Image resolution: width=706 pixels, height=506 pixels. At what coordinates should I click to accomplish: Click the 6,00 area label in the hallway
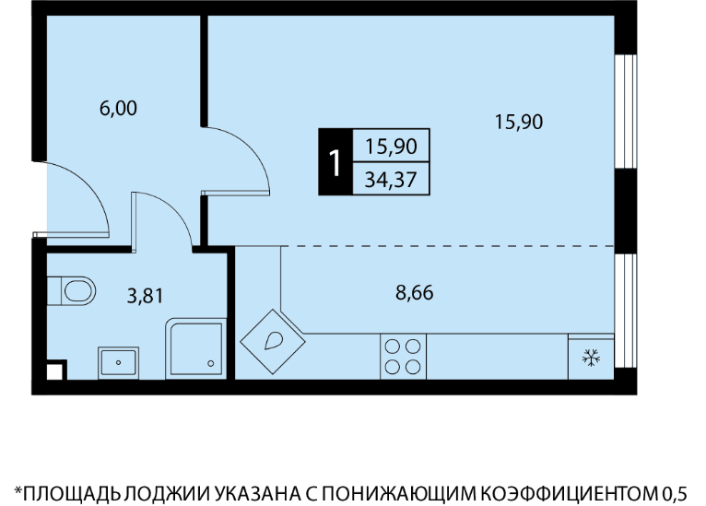[x=118, y=109]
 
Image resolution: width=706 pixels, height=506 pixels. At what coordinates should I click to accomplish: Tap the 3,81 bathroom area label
[x=145, y=296]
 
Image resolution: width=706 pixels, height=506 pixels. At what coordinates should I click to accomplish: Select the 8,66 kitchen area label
[x=414, y=292]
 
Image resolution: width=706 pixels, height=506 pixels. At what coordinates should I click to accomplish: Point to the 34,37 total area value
[x=391, y=180]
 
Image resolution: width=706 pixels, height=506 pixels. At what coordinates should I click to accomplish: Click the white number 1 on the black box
[x=335, y=162]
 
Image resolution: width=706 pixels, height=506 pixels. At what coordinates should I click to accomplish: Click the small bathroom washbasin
[x=118, y=362]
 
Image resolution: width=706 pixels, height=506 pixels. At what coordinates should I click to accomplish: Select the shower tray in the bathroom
[x=196, y=349]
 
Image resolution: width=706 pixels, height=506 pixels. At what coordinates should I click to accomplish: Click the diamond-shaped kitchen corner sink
[x=273, y=341]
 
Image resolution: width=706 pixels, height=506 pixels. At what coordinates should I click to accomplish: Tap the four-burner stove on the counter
[x=403, y=357]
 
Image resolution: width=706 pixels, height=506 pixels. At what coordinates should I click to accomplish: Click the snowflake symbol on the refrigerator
[x=591, y=358]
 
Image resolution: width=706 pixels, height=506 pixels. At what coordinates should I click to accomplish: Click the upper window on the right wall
[x=626, y=112]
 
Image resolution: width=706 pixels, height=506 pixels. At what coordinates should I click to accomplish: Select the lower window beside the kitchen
[x=626, y=311]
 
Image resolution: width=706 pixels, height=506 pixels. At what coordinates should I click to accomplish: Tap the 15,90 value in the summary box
[x=391, y=147]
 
